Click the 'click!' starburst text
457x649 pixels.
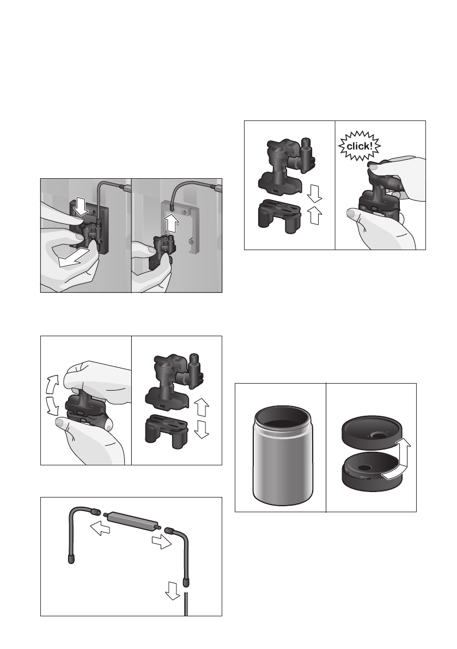coord(359,146)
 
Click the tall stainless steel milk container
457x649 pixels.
coord(282,456)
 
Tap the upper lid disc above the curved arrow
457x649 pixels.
coord(372,433)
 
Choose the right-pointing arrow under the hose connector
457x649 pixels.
coord(162,541)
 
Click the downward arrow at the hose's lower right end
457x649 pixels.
coord(172,590)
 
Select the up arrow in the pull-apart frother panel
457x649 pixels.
coord(202,407)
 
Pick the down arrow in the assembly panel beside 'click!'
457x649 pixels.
coord(314,193)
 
